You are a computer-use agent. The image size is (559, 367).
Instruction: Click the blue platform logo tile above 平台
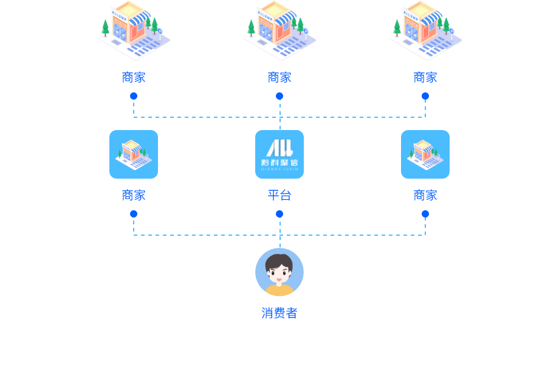(279, 154)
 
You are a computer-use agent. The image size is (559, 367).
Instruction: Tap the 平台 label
(279, 195)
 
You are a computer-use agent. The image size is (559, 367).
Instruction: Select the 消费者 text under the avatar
(279, 313)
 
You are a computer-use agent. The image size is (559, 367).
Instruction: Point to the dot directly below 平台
(279, 214)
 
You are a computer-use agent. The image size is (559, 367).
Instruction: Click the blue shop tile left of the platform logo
(134, 154)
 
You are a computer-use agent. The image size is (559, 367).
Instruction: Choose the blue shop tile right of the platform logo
(425, 154)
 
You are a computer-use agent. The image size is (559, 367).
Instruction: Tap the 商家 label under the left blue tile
(134, 195)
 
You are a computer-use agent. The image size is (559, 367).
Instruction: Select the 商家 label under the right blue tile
(425, 195)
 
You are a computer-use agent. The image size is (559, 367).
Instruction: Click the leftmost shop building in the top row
(134, 30)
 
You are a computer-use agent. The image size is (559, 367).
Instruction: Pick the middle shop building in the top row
(279, 30)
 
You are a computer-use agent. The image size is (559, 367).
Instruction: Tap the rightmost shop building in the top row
(425, 30)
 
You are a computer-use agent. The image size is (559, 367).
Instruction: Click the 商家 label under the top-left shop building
(134, 77)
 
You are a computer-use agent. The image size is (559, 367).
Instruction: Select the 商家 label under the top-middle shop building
(279, 77)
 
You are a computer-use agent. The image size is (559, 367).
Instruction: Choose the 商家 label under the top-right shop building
(425, 77)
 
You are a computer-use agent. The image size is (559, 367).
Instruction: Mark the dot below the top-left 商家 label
(134, 96)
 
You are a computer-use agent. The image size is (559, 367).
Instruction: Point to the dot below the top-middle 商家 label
(279, 96)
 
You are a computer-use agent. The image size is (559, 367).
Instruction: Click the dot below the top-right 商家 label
(425, 96)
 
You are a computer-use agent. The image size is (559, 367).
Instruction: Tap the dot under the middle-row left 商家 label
(134, 214)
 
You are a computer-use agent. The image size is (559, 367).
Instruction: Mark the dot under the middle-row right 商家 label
(425, 214)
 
